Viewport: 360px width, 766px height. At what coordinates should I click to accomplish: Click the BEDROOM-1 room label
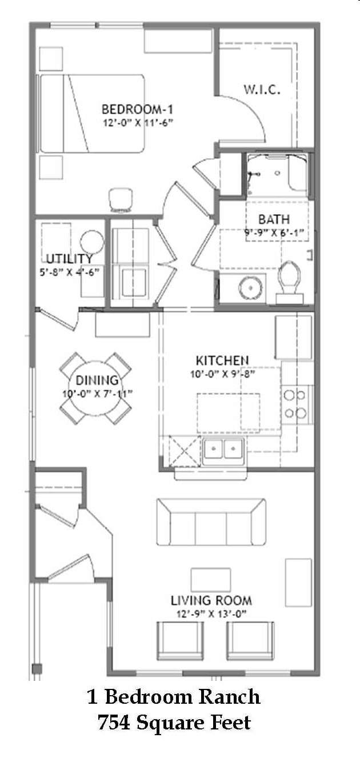(137, 109)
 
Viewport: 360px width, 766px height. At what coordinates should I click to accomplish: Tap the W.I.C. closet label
(262, 90)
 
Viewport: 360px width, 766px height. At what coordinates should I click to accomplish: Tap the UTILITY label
(70, 258)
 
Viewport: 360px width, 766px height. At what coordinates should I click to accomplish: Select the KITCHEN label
(222, 360)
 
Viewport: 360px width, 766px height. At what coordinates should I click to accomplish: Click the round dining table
(95, 388)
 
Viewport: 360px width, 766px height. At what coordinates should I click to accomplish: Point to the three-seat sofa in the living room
(211, 522)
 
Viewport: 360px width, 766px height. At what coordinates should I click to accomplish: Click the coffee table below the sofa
(211, 579)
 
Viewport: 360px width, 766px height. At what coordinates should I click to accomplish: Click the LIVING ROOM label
(211, 600)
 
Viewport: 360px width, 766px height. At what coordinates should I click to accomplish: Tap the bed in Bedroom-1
(91, 113)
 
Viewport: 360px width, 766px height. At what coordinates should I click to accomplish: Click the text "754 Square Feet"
(174, 723)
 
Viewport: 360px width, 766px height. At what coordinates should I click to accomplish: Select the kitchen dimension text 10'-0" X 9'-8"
(222, 375)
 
